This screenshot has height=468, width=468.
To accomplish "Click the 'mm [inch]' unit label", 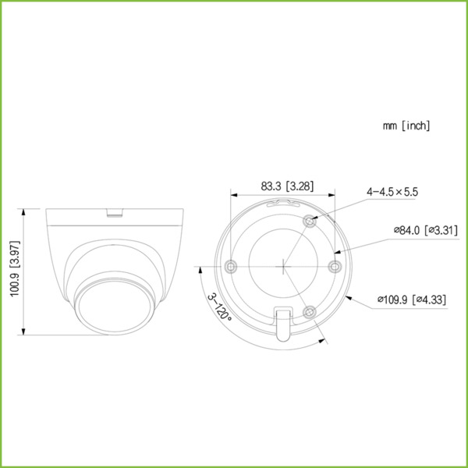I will click(x=406, y=126).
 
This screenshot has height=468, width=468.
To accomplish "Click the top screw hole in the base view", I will click(x=310, y=221).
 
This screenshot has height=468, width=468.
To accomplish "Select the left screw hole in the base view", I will click(x=230, y=266).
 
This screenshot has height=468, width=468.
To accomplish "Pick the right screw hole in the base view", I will click(x=335, y=266).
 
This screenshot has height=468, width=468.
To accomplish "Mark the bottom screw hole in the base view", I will click(x=310, y=311).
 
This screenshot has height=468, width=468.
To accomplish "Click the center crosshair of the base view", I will click(x=283, y=266).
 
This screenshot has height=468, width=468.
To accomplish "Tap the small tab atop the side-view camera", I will click(x=115, y=210).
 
